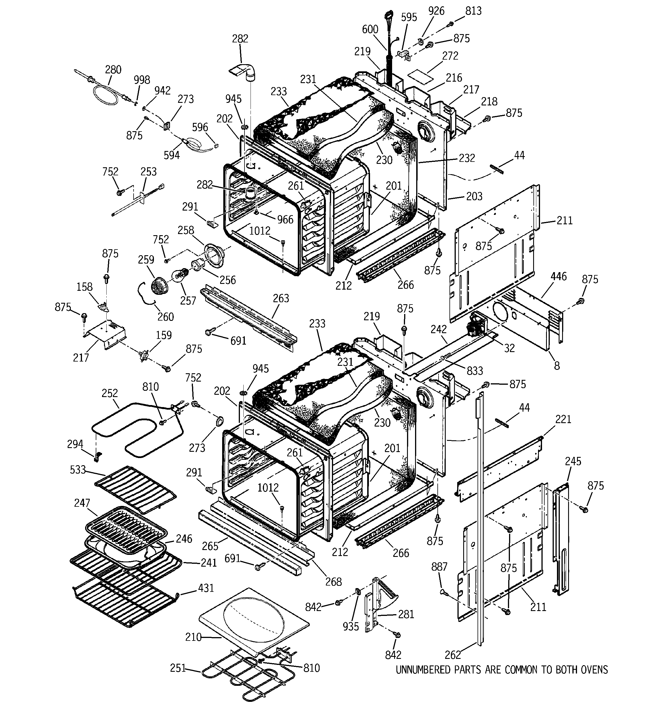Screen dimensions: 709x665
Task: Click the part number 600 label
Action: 370,29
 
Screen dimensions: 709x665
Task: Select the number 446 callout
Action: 559,276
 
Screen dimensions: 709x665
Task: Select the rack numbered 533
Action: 136,489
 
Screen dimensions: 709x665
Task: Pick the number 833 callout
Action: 475,371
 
